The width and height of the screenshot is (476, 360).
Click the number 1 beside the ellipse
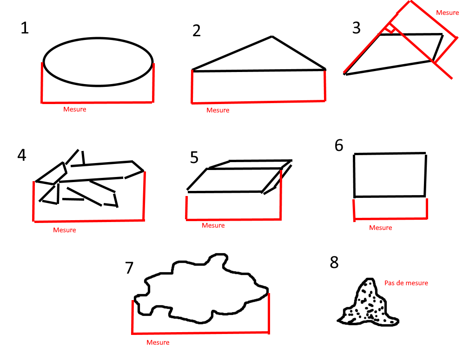(x=25, y=28)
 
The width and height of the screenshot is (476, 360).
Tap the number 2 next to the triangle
(x=197, y=31)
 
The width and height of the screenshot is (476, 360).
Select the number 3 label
(x=357, y=28)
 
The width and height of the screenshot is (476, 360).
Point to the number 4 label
(x=22, y=155)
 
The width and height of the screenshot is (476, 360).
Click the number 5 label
(x=194, y=157)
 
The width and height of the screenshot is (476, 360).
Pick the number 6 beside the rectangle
(x=339, y=145)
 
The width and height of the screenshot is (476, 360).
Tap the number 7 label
(x=129, y=268)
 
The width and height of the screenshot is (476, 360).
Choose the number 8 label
(x=334, y=262)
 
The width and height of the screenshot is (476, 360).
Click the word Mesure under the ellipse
(x=75, y=109)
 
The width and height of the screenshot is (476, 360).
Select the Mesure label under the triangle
(x=218, y=110)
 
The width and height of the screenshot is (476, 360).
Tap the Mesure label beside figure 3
(x=448, y=13)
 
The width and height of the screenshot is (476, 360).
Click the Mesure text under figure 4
(x=65, y=230)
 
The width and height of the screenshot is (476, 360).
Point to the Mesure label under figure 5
(x=213, y=225)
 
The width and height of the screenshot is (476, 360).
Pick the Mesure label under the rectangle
(x=381, y=228)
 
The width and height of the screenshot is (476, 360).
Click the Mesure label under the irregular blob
(x=158, y=342)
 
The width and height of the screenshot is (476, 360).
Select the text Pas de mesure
(x=406, y=283)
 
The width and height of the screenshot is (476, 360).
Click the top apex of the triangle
(x=272, y=36)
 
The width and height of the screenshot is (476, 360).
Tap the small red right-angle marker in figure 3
(x=390, y=29)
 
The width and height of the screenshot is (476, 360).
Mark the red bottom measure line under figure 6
(x=391, y=218)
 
